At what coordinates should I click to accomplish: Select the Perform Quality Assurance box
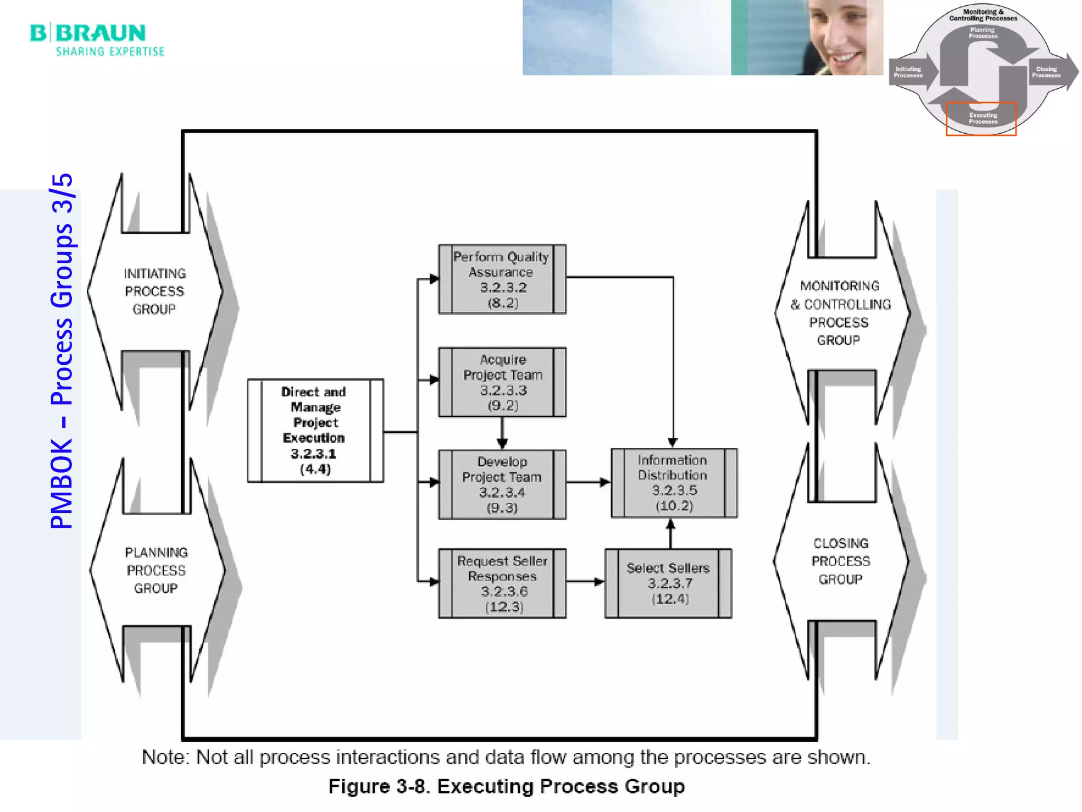pyautogui.click(x=502, y=279)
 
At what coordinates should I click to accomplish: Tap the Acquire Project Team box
pyautogui.click(x=502, y=382)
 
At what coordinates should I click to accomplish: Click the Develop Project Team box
pyautogui.click(x=502, y=484)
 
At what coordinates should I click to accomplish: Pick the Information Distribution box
pyautogui.click(x=674, y=483)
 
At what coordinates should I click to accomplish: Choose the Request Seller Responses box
pyautogui.click(x=502, y=583)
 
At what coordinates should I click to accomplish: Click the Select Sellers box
pyautogui.click(x=668, y=583)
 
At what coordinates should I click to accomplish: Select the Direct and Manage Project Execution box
pyautogui.click(x=315, y=430)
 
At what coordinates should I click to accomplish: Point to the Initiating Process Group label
pyautogui.click(x=155, y=291)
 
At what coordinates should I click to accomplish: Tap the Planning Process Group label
pyautogui.click(x=156, y=570)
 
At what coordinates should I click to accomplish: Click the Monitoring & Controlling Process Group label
pyautogui.click(x=840, y=313)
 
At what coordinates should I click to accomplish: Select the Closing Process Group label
pyautogui.click(x=841, y=561)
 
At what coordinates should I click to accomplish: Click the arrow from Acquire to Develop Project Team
pyautogui.click(x=502, y=433)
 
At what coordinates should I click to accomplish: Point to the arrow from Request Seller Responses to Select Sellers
pyautogui.click(x=585, y=582)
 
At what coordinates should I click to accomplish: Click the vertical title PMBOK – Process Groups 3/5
pyautogui.click(x=61, y=351)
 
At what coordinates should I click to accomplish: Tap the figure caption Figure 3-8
pyautogui.click(x=506, y=786)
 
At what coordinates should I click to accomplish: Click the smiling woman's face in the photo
pyautogui.click(x=840, y=37)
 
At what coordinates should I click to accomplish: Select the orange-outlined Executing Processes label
pyautogui.click(x=981, y=118)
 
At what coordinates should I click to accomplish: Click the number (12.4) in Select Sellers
pyautogui.click(x=670, y=599)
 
